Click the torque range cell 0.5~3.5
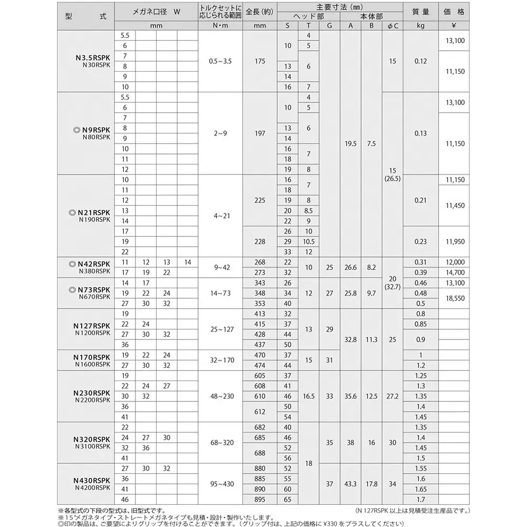coord(220,61)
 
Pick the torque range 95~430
coord(220,484)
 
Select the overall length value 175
coord(259,61)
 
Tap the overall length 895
coord(259,499)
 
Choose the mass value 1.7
coord(421,499)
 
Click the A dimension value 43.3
coord(351,484)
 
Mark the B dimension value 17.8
coord(372,484)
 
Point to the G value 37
coord(329,484)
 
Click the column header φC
coord(393,25)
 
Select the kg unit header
coord(421,25)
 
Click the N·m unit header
coord(220,25)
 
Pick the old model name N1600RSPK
coord(92,364)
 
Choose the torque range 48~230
coord(220,396)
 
